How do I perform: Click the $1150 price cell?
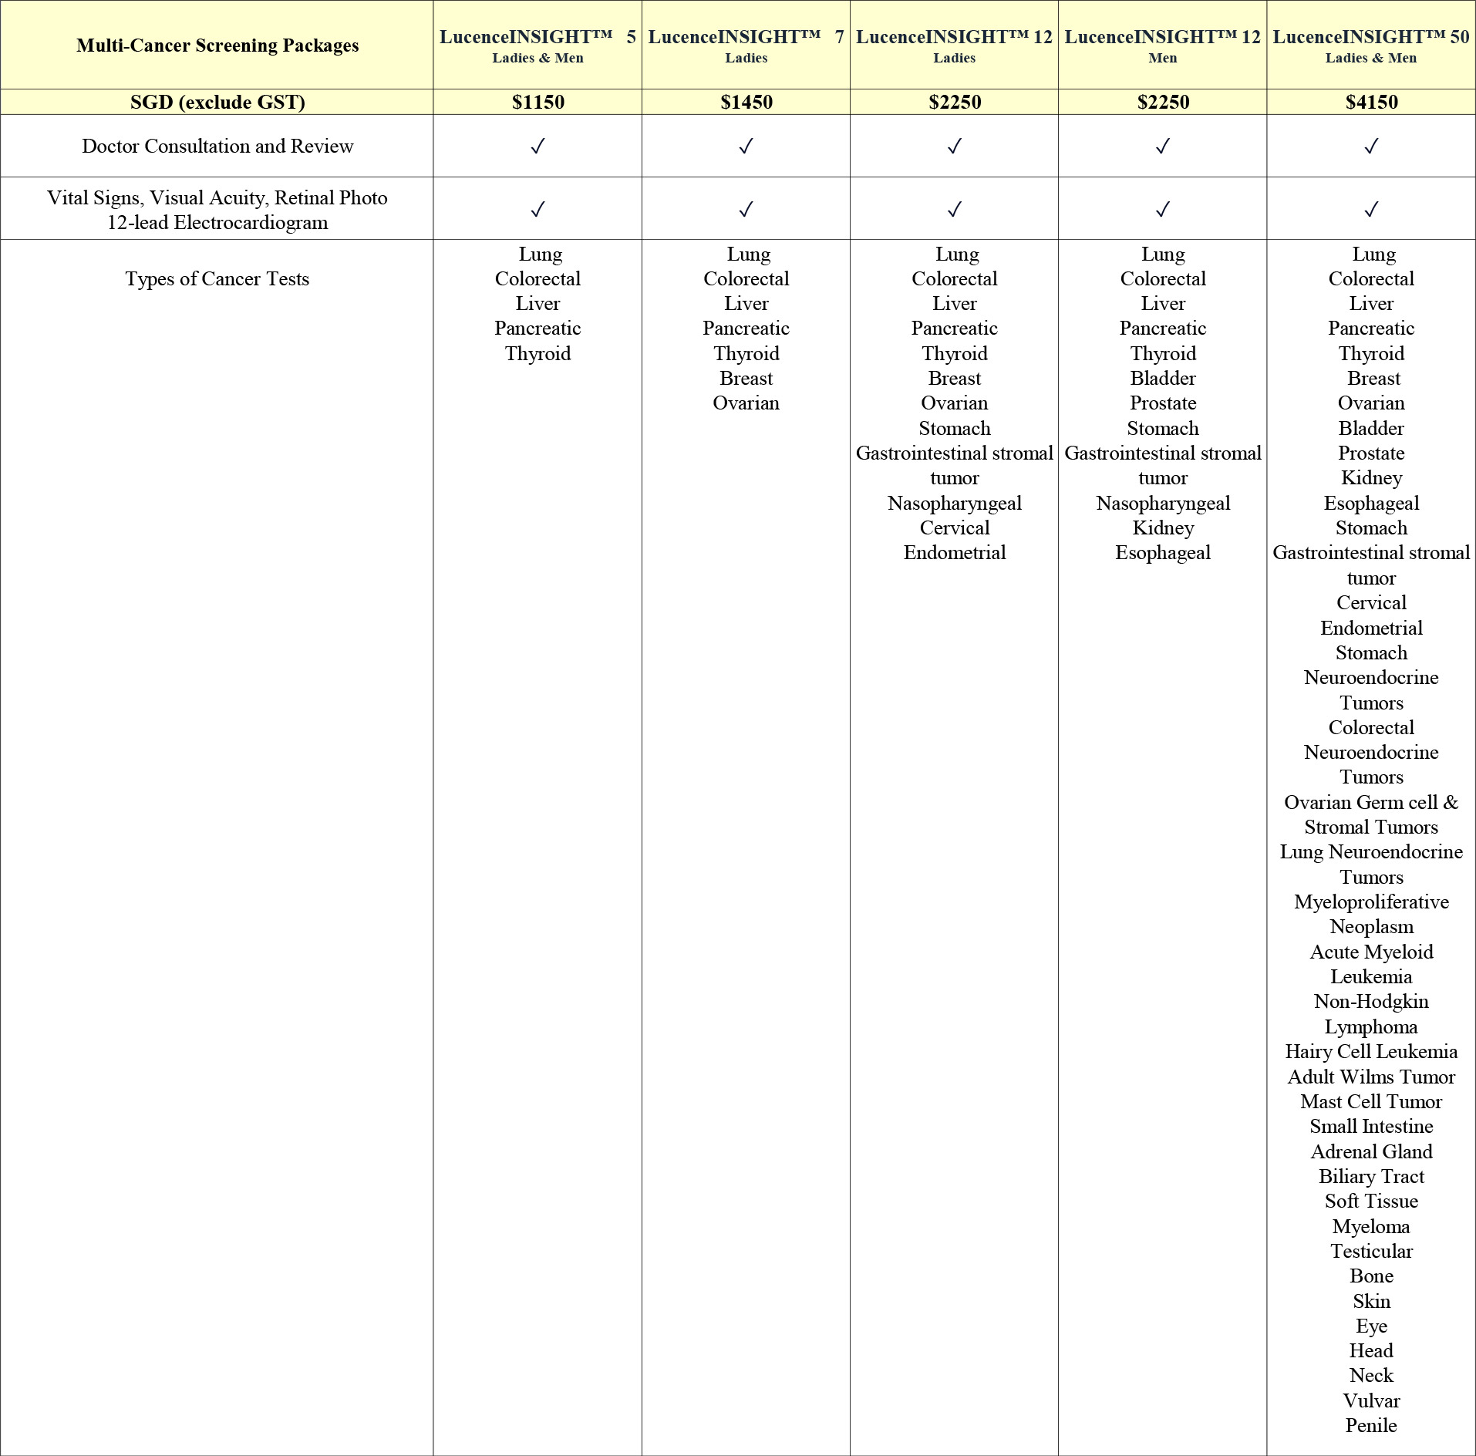point(537,102)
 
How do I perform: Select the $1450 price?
point(746,102)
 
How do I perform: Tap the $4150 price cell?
point(1371,102)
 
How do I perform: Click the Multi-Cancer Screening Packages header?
point(217,45)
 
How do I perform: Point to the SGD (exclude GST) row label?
point(217,102)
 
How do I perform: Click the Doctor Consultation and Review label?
point(217,146)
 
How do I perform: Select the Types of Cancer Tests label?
point(217,278)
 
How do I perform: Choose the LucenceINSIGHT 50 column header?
point(1371,45)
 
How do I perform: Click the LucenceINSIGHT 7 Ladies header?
point(746,45)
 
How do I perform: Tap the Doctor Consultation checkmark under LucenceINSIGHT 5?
point(537,146)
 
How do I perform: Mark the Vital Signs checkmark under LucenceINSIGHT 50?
point(1371,209)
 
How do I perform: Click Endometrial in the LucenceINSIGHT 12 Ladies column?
point(955,552)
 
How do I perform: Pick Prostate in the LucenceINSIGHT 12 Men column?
point(1163,403)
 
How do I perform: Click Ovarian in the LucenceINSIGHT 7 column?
point(746,403)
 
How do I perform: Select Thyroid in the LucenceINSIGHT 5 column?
point(537,353)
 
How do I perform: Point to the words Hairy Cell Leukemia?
point(1371,1051)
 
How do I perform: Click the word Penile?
point(1371,1425)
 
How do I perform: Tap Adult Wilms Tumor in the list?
point(1371,1077)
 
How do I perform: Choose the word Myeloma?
point(1371,1226)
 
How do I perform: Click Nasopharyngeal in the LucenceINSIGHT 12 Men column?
point(1163,503)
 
